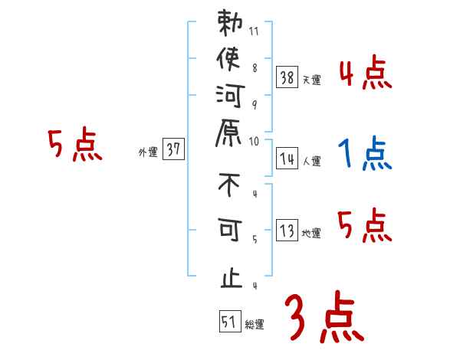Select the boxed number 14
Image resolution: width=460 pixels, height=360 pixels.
287,159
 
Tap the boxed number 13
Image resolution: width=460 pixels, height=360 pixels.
287,231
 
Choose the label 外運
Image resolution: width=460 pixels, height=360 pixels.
148,152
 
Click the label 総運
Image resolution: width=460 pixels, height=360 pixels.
254,325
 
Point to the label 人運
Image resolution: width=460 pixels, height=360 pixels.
311,162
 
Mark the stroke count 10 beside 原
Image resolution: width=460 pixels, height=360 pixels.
255,141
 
